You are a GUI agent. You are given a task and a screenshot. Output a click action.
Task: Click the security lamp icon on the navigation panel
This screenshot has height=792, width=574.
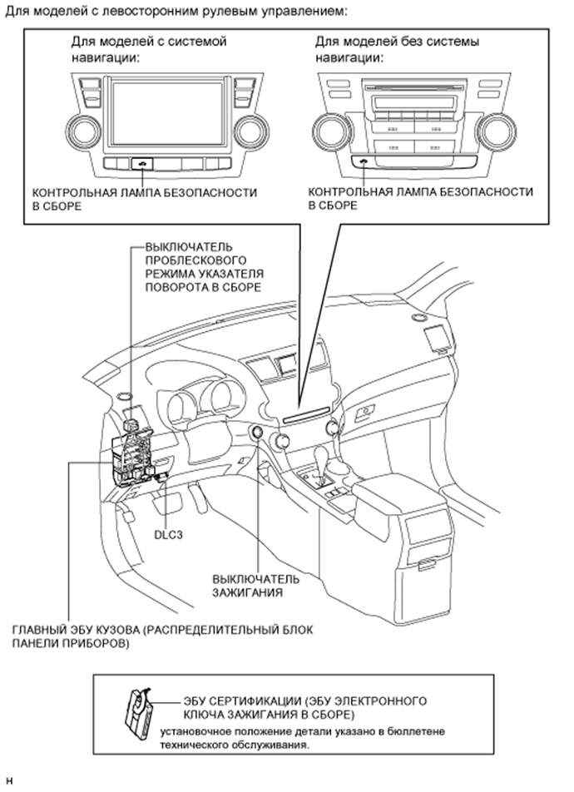[x=144, y=164]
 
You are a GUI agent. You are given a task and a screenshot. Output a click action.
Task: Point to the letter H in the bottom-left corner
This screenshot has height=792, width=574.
[x=10, y=781]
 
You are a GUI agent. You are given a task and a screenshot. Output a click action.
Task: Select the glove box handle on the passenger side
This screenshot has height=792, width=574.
[x=364, y=411]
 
